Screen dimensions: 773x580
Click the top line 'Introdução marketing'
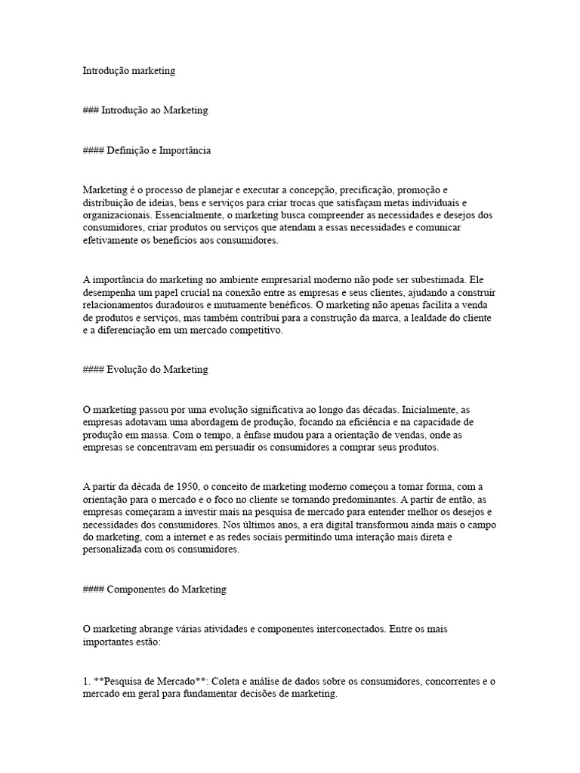click(x=128, y=71)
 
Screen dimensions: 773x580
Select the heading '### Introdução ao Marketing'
click(x=145, y=110)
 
